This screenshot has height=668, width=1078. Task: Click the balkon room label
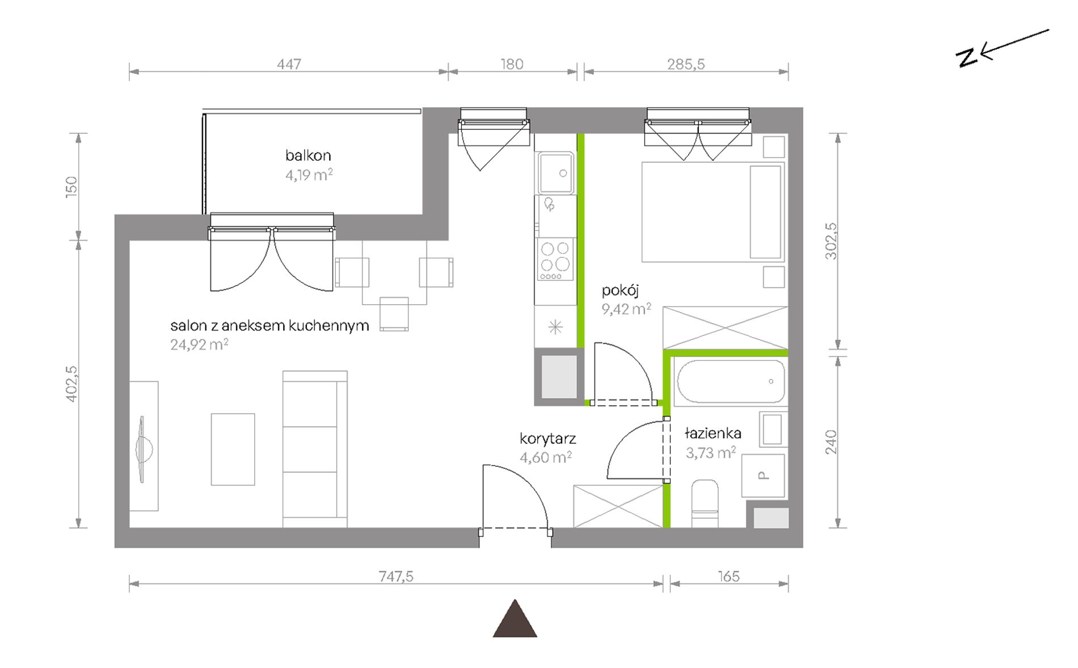(x=308, y=155)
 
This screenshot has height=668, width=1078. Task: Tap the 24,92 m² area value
(x=199, y=344)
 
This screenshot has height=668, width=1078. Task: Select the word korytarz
(x=548, y=439)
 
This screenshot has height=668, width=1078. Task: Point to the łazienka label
(x=713, y=434)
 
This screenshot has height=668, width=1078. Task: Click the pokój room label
(x=620, y=291)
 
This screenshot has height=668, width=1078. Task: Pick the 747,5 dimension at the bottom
(x=396, y=576)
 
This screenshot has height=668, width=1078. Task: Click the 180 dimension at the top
(x=512, y=64)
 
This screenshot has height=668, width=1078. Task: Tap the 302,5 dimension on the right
(x=831, y=241)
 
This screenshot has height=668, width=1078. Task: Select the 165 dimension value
(x=729, y=576)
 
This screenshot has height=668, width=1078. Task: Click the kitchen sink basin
(x=555, y=173)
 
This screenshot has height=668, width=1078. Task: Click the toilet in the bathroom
(x=705, y=504)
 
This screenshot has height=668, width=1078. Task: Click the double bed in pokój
(x=713, y=212)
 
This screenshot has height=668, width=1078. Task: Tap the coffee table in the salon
(x=233, y=449)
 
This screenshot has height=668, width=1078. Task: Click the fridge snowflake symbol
(x=555, y=327)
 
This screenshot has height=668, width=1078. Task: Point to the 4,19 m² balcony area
(x=309, y=174)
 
